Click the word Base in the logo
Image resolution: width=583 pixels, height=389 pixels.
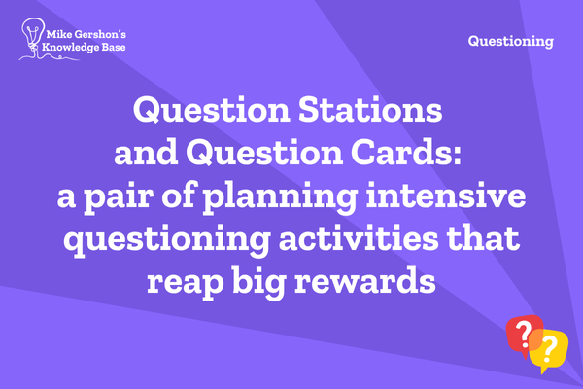114,47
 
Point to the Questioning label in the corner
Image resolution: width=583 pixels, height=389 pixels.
511,41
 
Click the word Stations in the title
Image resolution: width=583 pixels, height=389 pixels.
370,110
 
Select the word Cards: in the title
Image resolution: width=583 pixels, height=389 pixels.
406,152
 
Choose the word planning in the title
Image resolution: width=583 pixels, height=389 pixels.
280,197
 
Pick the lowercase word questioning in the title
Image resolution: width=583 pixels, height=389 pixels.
167,239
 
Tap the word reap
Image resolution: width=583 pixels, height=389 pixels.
186,283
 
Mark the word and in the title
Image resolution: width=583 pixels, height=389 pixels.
146,152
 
